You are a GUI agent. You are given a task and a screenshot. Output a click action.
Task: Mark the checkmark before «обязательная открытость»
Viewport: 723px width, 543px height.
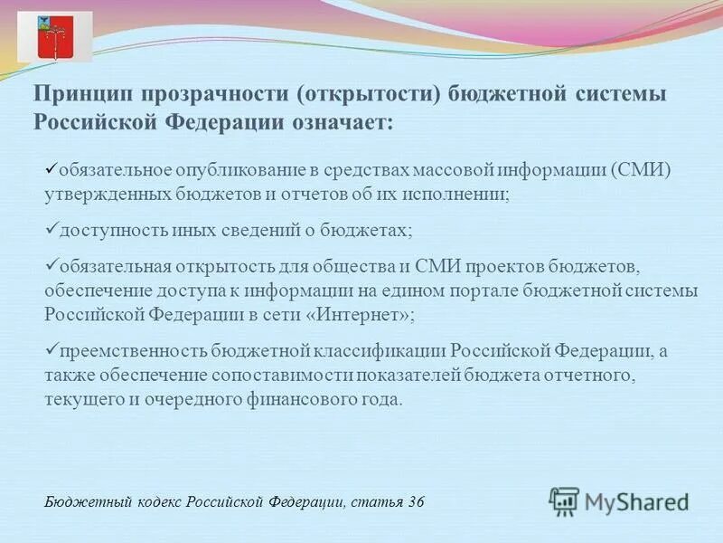51,263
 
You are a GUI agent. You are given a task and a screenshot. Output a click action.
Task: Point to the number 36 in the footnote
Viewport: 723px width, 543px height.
417,501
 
